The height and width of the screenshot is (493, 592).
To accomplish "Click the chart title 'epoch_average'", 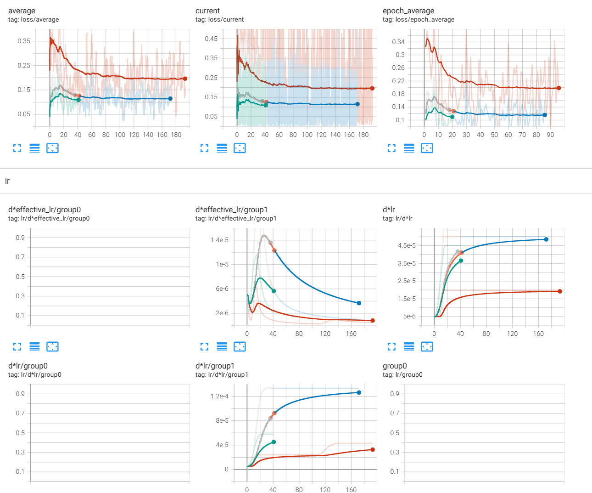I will [408, 11].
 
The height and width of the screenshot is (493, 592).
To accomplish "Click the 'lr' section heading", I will [7, 181].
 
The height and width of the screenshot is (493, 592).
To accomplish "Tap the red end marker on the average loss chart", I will [185, 79].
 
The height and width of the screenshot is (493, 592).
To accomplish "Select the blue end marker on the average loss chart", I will [170, 98].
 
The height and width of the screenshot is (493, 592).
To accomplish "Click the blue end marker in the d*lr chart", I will [546, 239].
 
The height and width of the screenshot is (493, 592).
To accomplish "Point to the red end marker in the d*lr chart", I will [560, 291].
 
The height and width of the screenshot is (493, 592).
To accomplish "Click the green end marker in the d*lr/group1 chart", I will [274, 442].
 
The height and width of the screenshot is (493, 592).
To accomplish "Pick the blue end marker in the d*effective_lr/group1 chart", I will [359, 303].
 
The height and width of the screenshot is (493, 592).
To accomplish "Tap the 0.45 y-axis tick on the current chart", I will [211, 39].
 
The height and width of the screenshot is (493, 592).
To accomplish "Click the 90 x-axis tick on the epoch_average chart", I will [550, 135].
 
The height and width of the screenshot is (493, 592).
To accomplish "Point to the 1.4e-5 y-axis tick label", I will [219, 240].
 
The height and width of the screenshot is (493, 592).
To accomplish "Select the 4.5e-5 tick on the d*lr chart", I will [407, 245].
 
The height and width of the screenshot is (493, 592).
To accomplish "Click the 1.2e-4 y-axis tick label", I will [219, 396].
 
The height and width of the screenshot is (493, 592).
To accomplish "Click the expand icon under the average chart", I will [17, 148].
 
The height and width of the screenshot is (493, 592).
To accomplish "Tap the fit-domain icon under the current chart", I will [240, 148].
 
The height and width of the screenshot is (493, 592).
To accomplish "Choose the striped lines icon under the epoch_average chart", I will [409, 148].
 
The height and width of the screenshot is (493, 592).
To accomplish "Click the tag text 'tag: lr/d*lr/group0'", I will [35, 374].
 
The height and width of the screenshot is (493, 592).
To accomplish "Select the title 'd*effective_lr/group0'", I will [45, 210].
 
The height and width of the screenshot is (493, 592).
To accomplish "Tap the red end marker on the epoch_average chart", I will [559, 88].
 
